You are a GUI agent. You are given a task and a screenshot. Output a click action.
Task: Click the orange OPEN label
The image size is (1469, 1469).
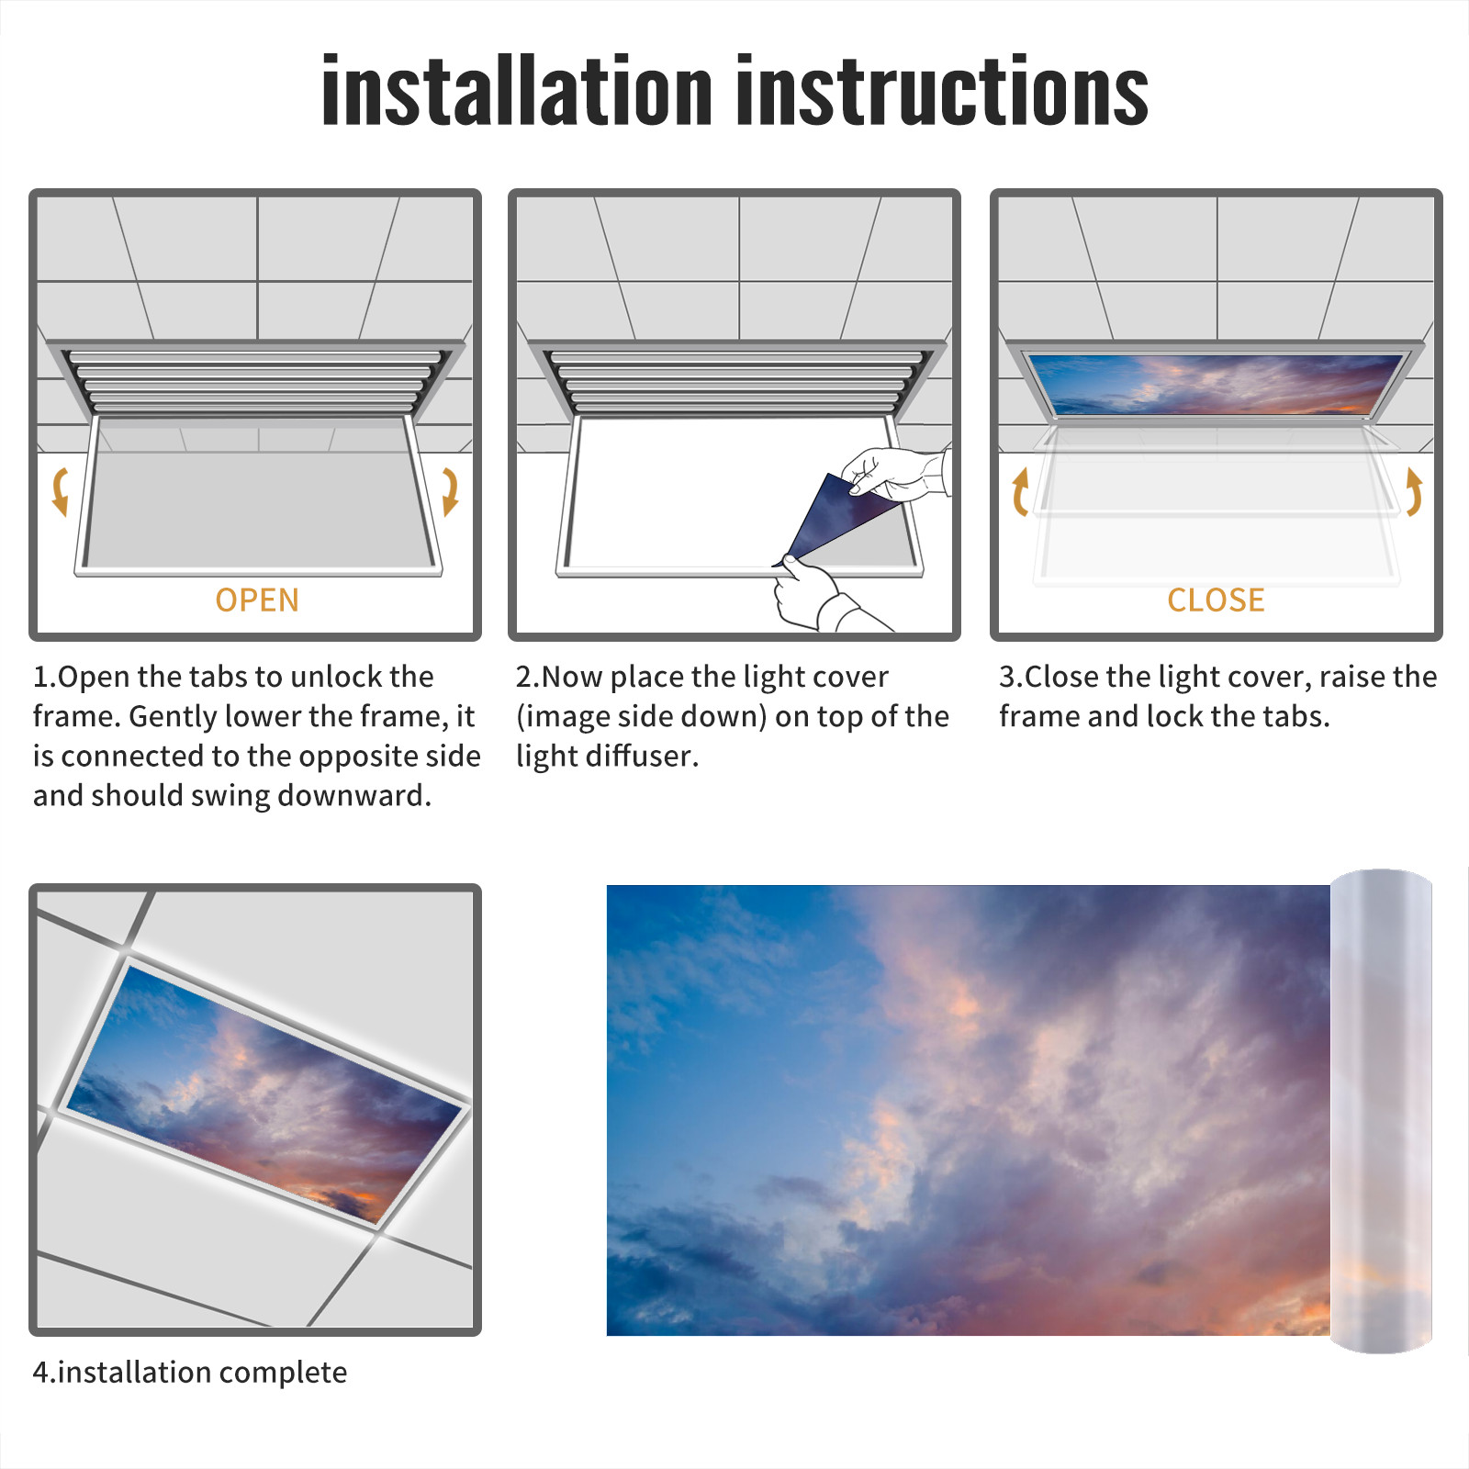(x=257, y=600)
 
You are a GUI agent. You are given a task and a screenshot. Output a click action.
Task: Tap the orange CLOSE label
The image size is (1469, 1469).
(x=1216, y=600)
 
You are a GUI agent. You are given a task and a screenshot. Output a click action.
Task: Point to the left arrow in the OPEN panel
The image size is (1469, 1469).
(x=60, y=491)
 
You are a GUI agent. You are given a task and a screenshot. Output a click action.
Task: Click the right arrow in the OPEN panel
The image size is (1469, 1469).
(x=450, y=491)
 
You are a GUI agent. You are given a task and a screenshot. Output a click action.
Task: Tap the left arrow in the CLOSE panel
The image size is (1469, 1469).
(x=1019, y=491)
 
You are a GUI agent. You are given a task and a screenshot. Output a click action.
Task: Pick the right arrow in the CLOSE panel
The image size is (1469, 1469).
(x=1414, y=491)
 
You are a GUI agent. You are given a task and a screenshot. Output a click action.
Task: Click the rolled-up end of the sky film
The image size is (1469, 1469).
(x=1381, y=1111)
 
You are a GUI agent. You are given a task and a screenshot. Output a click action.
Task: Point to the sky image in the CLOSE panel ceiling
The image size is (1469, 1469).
(x=1216, y=384)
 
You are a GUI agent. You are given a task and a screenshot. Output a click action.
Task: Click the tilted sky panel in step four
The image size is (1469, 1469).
(x=264, y=1093)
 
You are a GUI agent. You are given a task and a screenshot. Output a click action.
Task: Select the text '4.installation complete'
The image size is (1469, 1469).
(x=190, y=1373)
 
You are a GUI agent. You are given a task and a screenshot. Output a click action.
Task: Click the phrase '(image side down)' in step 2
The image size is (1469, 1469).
(x=641, y=717)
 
